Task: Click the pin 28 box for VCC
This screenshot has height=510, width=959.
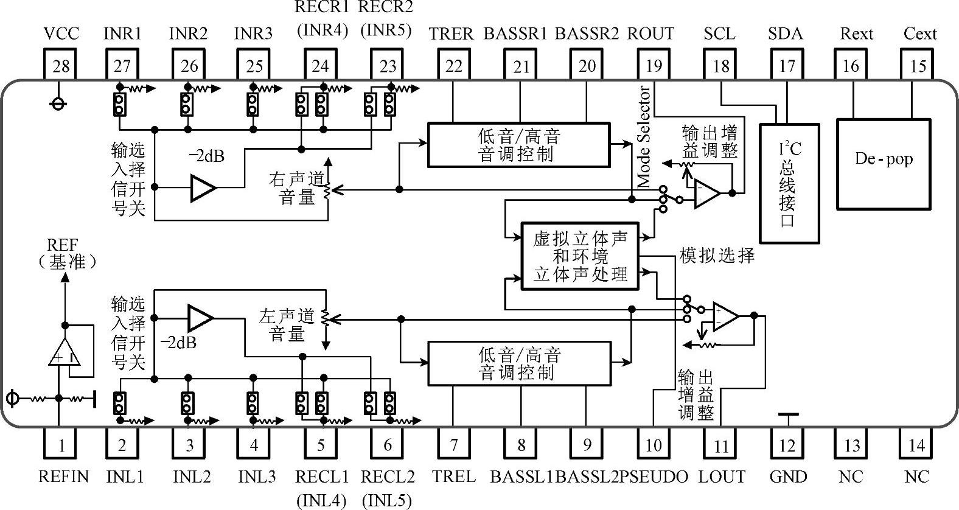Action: click(61, 65)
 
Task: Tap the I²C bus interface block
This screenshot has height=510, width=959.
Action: click(790, 183)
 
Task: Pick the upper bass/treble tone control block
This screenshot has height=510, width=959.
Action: click(518, 145)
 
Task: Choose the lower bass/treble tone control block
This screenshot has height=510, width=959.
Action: click(519, 363)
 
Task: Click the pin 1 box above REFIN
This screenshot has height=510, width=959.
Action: click(61, 445)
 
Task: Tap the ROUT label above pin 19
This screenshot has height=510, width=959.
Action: click(650, 33)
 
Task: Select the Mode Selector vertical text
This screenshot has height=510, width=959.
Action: click(644, 137)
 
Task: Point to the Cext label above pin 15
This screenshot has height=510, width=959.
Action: click(919, 33)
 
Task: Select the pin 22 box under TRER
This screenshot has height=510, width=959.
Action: click(453, 65)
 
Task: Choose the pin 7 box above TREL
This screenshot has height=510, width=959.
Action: click(453, 445)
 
